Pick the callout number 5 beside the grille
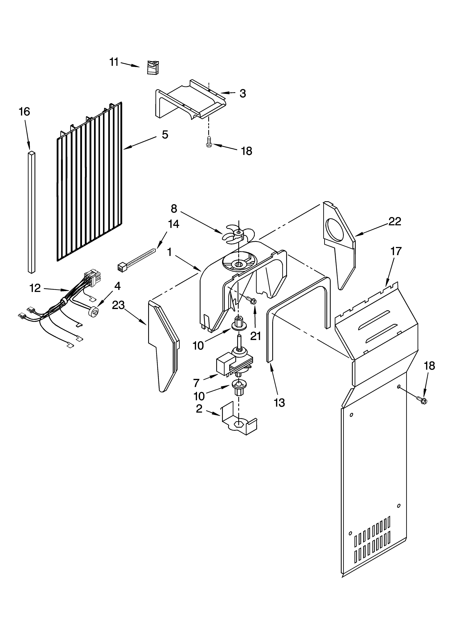pyautogui.click(x=165, y=135)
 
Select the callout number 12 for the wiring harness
pyautogui.click(x=35, y=288)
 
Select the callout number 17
pyautogui.click(x=396, y=251)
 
